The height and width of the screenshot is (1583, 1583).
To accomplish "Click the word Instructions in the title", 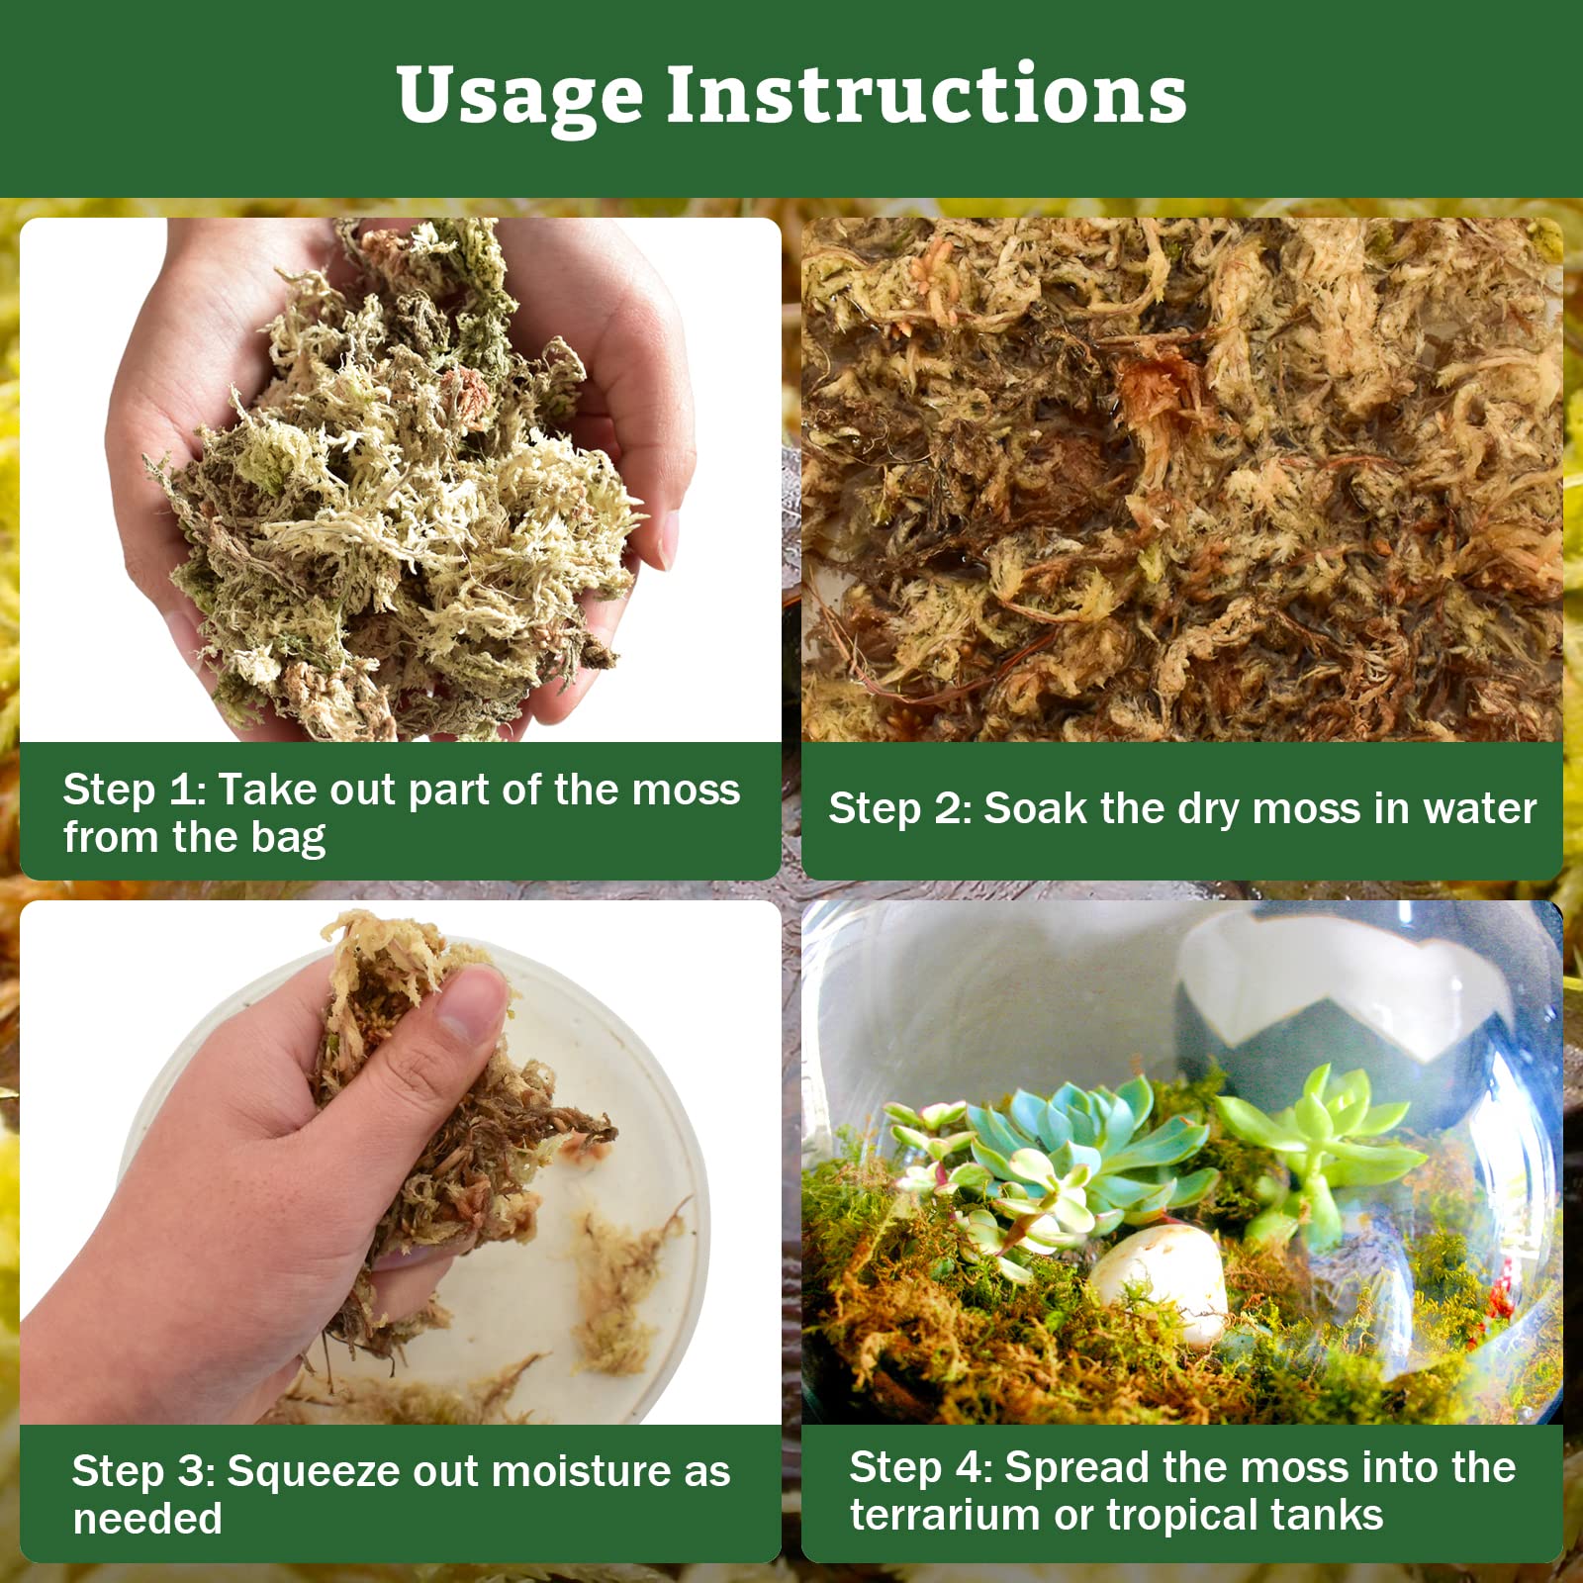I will click(926, 96).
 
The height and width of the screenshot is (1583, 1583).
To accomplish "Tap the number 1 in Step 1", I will click(181, 791).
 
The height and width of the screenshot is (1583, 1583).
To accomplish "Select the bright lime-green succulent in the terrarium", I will click(1316, 1138).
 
